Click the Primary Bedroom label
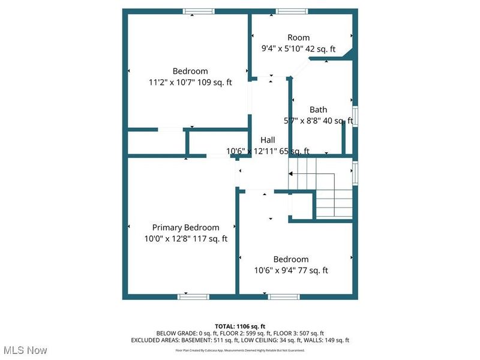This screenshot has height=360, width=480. coord(185,227)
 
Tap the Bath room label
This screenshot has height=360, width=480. coord(318,110)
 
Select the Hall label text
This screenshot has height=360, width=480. coord(268,140)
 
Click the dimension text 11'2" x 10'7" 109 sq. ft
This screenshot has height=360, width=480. coord(190,82)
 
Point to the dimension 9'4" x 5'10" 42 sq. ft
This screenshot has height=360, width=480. coord(298,49)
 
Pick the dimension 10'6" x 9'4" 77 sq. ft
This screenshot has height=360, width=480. coord(291,270)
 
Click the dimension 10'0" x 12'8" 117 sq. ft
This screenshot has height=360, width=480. coord(185,238)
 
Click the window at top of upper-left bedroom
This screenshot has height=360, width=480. coord(199,11)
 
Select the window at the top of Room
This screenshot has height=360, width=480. coord(292,11)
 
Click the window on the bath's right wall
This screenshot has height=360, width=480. coord(355,116)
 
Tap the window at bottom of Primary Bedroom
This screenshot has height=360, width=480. coord(194,296)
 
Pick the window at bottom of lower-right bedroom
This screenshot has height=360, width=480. coord(284,296)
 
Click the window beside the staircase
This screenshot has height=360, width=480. coord(355,171)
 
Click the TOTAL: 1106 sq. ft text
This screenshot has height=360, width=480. coord(239,326)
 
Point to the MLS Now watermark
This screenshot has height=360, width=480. coord(25,349)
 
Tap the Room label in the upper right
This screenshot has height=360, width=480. coord(298,38)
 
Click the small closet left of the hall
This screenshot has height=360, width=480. coord(156,143)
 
